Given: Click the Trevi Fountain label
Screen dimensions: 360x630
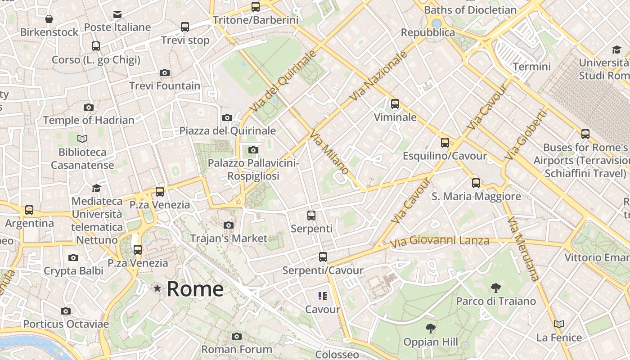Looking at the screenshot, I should (x=165, y=85).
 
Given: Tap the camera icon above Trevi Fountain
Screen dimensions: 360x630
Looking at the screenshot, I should (x=165, y=72).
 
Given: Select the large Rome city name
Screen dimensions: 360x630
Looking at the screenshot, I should (x=195, y=288).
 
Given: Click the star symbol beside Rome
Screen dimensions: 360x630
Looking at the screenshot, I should (x=157, y=288).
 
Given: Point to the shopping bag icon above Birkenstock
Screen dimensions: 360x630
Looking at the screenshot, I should (x=49, y=19).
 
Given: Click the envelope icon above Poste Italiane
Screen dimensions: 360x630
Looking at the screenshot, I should (x=117, y=14).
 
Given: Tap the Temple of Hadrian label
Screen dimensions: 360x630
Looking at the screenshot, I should (x=89, y=120).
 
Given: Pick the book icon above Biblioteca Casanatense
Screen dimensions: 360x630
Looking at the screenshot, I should (x=82, y=139).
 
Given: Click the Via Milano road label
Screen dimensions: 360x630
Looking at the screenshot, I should (x=329, y=152).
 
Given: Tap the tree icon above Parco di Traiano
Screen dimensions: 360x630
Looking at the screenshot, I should (x=496, y=288).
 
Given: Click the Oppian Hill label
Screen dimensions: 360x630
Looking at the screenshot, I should (x=431, y=342).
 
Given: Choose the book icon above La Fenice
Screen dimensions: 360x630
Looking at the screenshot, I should (x=559, y=324).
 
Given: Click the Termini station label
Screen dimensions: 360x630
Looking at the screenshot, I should (x=531, y=67).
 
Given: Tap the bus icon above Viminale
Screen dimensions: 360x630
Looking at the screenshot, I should (x=395, y=104).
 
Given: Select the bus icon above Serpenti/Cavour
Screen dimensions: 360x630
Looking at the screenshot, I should (x=323, y=257).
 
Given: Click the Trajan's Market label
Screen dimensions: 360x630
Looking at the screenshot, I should (x=229, y=238).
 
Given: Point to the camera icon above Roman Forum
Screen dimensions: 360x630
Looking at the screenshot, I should (x=237, y=336).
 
